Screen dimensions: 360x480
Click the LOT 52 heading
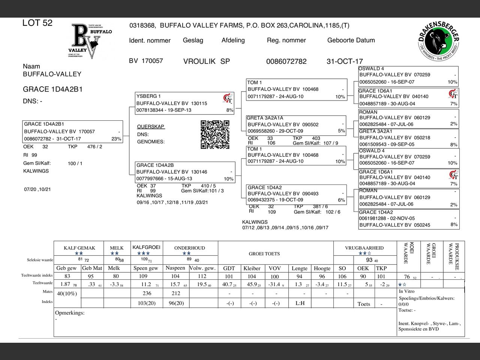click(x=37, y=23)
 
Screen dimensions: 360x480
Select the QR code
click(x=215, y=134)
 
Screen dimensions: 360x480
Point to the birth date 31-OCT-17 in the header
click(x=345, y=61)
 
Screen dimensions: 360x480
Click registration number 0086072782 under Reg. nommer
click(x=286, y=61)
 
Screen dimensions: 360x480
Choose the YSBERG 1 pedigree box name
click(x=148, y=96)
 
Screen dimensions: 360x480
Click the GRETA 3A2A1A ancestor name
click(x=265, y=118)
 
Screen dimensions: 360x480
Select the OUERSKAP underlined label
click(x=151, y=126)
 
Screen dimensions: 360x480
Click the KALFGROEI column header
click(x=146, y=247)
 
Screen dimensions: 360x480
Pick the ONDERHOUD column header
click(x=189, y=248)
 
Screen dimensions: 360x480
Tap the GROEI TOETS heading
click(x=264, y=254)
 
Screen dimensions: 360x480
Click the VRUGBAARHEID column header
click(x=364, y=248)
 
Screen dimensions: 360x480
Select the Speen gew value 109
click(x=143, y=276)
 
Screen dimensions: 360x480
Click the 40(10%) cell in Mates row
click(x=67, y=293)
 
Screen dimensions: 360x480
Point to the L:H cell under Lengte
click(x=300, y=303)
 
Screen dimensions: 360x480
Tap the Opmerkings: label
click(x=70, y=313)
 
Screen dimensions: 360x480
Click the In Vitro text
click(x=406, y=291)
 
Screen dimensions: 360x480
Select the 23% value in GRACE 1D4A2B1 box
click(x=116, y=139)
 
